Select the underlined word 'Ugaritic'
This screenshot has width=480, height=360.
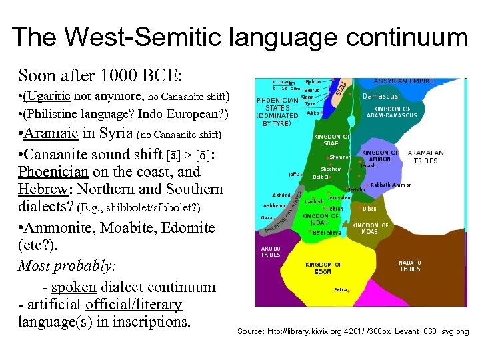tap(49, 95)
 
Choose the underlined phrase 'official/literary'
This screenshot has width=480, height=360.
tap(133, 305)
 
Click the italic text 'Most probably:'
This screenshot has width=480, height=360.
tap(67, 267)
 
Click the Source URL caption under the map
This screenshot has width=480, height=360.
tap(353, 331)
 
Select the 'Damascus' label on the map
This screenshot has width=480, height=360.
tap(380, 96)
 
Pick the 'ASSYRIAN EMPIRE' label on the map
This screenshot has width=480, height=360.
tap(403, 81)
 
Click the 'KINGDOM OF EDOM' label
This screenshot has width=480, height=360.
tap(323, 268)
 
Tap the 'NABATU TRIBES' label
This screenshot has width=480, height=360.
tap(410, 266)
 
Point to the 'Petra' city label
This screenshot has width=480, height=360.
tap(341, 290)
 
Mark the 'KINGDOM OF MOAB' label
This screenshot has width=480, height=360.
tap(370, 229)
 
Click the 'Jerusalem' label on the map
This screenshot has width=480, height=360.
tap(339, 198)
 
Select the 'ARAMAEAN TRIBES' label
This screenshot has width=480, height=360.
tap(425, 157)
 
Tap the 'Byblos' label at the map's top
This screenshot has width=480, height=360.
tap(313, 81)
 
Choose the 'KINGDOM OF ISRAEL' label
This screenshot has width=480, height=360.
tap(332, 140)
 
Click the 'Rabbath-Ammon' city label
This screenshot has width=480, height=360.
tap(391, 185)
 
